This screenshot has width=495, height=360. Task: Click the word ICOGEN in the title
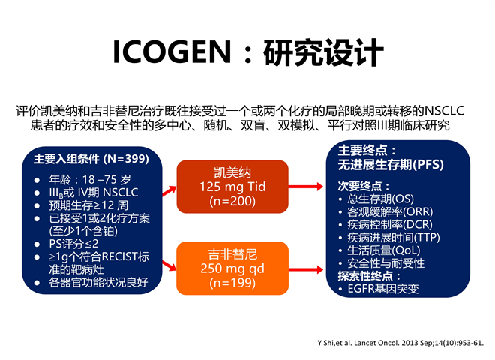172,52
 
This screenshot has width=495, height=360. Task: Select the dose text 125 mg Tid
232,187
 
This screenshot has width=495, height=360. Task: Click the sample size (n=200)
232,201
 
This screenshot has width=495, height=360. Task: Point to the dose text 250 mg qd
232,268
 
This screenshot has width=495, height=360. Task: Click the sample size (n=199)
232,283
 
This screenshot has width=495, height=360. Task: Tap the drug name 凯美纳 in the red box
232,172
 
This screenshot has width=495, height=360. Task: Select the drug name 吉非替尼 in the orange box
232,254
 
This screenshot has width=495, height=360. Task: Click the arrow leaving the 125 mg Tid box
305,187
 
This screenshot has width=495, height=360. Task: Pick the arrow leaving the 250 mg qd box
305,269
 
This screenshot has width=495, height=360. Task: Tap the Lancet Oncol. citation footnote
400,343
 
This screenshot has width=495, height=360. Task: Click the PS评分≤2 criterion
73,244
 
